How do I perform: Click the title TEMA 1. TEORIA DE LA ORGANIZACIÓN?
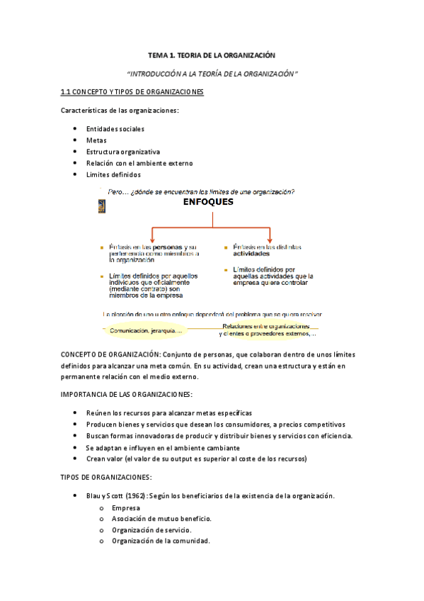[x=210, y=55]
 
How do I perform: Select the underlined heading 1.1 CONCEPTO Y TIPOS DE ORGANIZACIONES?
[x=132, y=92]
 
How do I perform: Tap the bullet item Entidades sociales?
[x=115, y=129]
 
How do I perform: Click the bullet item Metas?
[x=96, y=140]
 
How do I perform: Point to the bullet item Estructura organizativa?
[x=122, y=152]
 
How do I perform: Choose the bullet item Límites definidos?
[x=113, y=174]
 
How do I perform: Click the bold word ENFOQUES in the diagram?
[x=208, y=201]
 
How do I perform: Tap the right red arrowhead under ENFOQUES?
[x=270, y=236]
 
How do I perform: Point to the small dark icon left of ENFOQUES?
[x=101, y=206]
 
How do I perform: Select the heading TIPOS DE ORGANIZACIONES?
[x=106, y=478]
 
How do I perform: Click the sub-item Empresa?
[x=125, y=507]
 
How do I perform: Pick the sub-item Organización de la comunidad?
[x=160, y=541]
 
